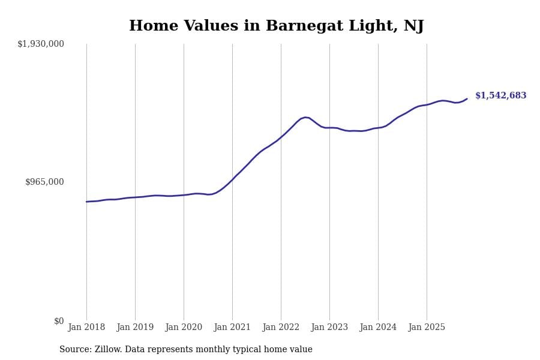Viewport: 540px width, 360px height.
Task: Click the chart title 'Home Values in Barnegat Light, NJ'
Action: (x=276, y=26)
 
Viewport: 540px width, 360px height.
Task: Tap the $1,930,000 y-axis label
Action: (x=41, y=44)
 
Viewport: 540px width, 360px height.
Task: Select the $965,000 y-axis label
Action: (x=44, y=182)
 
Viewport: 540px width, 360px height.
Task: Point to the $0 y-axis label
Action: (x=59, y=321)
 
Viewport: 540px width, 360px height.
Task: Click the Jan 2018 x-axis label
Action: (x=86, y=328)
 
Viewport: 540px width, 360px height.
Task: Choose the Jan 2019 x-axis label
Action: (x=135, y=328)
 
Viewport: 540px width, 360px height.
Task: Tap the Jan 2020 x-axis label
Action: (x=184, y=328)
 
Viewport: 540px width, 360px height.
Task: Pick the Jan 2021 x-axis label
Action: (x=232, y=328)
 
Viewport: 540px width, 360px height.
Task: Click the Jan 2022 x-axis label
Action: (x=281, y=328)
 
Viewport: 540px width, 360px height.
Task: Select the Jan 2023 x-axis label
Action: (x=329, y=328)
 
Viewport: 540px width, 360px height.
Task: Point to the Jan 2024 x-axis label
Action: (x=378, y=328)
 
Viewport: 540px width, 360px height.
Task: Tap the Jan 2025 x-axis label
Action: (x=427, y=328)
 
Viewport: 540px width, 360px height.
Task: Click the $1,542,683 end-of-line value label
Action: (x=500, y=96)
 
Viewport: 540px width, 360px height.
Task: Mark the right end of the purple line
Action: (x=467, y=99)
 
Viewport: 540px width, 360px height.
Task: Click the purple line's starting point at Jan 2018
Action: (x=86, y=202)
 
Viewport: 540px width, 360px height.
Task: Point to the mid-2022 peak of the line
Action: (x=305, y=117)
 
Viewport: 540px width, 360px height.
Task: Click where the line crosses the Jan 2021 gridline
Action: (x=232, y=179)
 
